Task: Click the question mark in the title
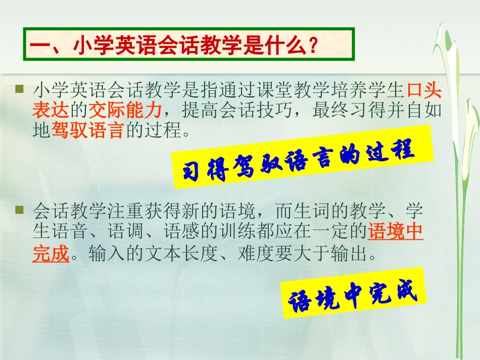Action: (x=312, y=46)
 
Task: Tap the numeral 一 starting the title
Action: (x=40, y=46)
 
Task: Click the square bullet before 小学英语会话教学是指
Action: (x=20, y=89)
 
